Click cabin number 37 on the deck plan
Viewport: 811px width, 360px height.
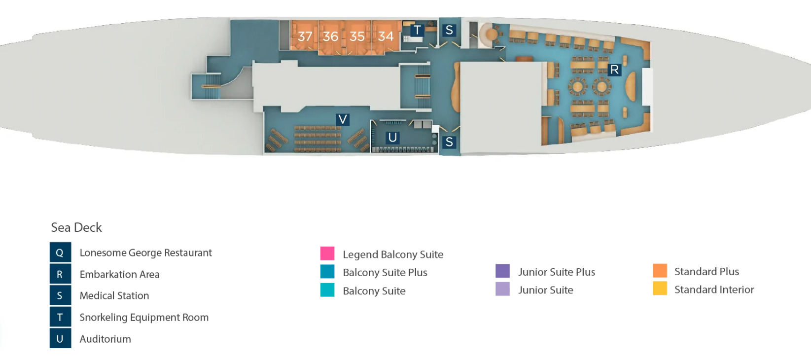coord(305,36)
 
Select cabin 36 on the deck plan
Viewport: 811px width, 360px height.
coord(330,36)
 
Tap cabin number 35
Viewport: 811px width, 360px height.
coord(357,36)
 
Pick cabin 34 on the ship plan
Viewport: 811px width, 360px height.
coord(386,36)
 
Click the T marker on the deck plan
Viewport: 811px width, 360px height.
coord(417,31)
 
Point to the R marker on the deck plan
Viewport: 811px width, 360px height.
coord(614,70)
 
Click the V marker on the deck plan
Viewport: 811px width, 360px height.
coord(343,119)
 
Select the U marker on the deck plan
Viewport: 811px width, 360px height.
coord(392,138)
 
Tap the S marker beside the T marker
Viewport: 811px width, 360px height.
coord(449,31)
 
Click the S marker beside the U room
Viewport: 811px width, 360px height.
coord(449,142)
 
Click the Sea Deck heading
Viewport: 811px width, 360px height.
coord(76,227)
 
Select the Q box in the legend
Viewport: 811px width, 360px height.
coord(60,252)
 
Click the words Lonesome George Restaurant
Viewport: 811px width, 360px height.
coord(145,252)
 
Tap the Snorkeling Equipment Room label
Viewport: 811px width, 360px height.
coord(144,317)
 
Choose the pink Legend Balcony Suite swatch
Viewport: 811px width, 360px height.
coord(327,253)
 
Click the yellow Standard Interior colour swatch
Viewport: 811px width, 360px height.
coord(660,288)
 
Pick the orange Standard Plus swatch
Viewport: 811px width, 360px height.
coord(660,271)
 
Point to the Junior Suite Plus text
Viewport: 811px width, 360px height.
coord(557,272)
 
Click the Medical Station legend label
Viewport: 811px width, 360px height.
coord(114,295)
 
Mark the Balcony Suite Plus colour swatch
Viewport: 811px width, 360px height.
coord(327,272)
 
